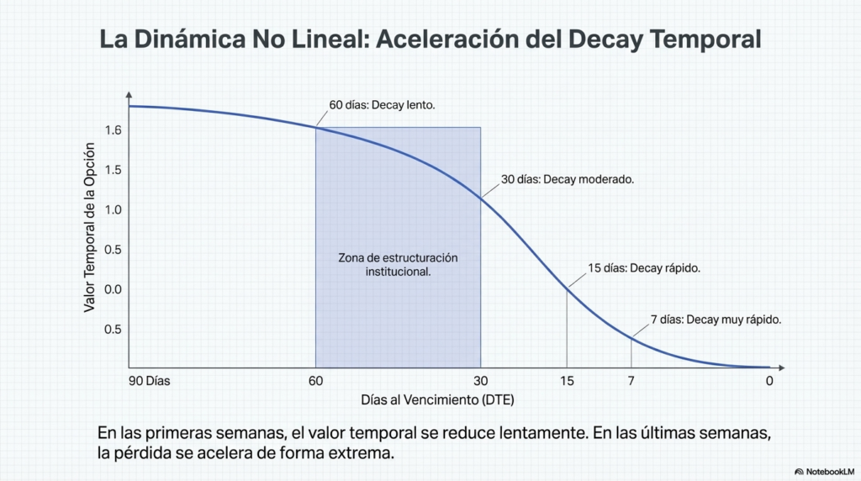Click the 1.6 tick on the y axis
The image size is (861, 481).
(113, 130)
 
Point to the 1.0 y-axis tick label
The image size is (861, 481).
(113, 209)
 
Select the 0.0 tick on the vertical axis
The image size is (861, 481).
(113, 289)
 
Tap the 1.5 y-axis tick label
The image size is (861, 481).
(113, 170)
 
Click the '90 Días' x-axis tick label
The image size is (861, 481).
(149, 381)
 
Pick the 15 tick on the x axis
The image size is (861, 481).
(567, 381)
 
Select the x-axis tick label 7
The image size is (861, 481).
(631, 381)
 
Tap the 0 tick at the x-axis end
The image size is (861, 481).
(769, 381)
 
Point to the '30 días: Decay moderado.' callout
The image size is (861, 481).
(567, 179)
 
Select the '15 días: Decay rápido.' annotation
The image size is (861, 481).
(644, 268)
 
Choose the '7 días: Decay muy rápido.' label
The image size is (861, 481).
(716, 320)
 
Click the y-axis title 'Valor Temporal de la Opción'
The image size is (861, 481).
(90, 227)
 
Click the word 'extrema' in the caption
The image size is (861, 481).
(363, 453)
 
